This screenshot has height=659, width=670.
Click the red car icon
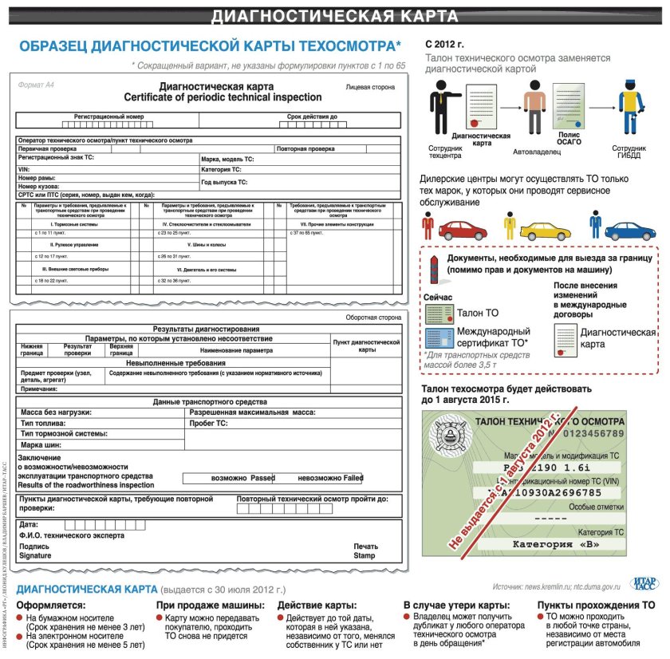click(x=462, y=231)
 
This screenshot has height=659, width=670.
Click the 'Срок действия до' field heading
click(x=312, y=116)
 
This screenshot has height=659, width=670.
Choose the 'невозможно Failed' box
click(x=329, y=478)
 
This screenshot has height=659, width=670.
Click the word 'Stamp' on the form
click(x=365, y=555)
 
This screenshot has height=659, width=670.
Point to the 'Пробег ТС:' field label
click(x=211, y=423)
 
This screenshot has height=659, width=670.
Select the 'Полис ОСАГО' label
click(x=569, y=138)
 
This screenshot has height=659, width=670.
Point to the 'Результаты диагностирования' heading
click(x=206, y=329)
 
